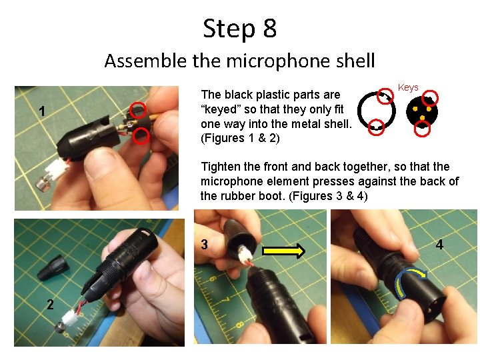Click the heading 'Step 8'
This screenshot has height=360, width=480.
click(x=240, y=29)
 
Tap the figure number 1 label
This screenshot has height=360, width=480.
click(x=42, y=111)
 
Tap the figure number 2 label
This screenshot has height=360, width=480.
click(x=50, y=304)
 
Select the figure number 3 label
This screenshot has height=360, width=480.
click(x=205, y=244)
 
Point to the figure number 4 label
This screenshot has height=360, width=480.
click(x=439, y=245)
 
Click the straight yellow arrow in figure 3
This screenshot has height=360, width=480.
click(x=284, y=251)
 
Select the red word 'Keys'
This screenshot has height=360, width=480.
click(x=408, y=87)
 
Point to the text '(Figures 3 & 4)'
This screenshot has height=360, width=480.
click(x=328, y=196)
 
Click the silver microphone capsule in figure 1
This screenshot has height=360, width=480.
click(x=43, y=184)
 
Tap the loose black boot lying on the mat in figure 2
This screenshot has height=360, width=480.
click(x=53, y=268)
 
